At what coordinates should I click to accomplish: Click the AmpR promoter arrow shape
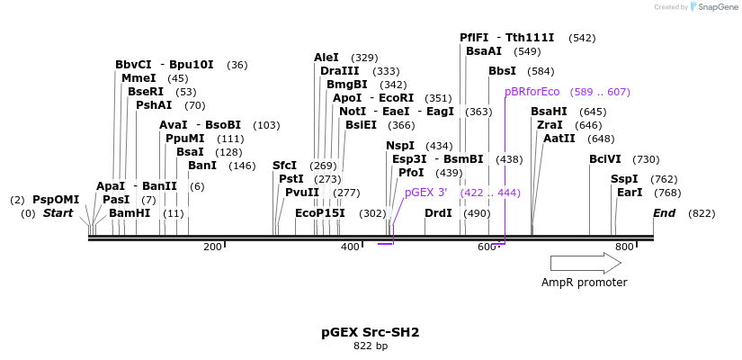pyautogui.click(x=586, y=263)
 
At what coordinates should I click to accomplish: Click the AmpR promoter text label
pyautogui.click(x=584, y=283)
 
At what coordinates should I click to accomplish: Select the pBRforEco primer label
pyautogui.click(x=532, y=92)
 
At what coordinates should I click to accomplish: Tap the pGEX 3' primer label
pyautogui.click(x=426, y=193)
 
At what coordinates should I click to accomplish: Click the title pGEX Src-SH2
pyautogui.click(x=371, y=332)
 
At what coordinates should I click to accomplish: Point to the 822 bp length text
pyautogui.click(x=371, y=346)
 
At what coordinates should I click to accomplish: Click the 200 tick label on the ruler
pyautogui.click(x=212, y=247)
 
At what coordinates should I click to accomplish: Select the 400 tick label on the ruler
pyautogui.click(x=350, y=247)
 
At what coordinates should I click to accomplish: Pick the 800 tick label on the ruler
pyautogui.click(x=623, y=247)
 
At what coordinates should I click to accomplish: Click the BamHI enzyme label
pyautogui.click(x=130, y=213)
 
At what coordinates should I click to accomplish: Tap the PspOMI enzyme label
pyautogui.click(x=56, y=200)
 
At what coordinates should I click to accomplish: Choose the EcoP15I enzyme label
pyautogui.click(x=319, y=213)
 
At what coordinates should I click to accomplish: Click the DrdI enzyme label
pyautogui.click(x=438, y=213)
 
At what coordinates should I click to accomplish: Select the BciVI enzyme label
pyautogui.click(x=605, y=159)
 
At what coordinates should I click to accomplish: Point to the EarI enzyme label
pyautogui.click(x=630, y=193)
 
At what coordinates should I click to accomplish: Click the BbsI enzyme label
pyautogui.click(x=503, y=71)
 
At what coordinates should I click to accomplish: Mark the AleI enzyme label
pyautogui.click(x=326, y=58)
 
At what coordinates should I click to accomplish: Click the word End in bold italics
pyautogui.click(x=664, y=213)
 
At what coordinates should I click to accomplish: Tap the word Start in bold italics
pyautogui.click(x=58, y=213)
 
